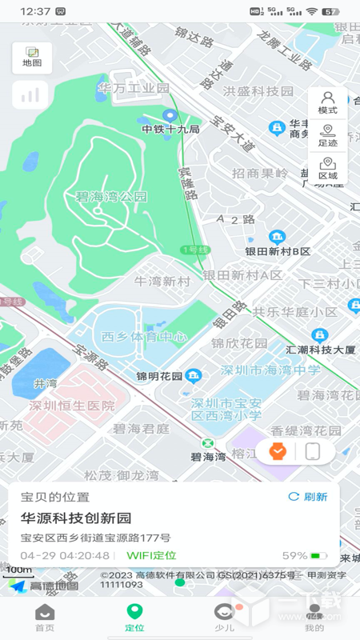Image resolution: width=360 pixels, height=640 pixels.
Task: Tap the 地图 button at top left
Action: tap(32, 58)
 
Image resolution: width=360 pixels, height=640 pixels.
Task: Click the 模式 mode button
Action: tap(327, 102)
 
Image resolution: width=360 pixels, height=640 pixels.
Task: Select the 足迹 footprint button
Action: tap(327, 135)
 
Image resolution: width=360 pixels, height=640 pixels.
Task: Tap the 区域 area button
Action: tap(327, 168)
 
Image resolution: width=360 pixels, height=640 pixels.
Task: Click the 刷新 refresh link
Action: tap(308, 497)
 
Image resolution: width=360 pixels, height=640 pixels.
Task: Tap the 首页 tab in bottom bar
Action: tap(45, 618)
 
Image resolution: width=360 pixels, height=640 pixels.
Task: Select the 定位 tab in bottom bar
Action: tap(134, 618)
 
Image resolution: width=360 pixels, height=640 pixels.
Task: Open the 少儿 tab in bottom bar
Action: tap(224, 618)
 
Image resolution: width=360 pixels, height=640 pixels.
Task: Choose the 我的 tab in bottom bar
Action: tap(314, 618)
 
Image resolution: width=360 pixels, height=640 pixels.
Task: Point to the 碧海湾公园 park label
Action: tap(111, 196)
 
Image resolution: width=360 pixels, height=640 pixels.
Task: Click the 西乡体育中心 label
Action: tap(134, 336)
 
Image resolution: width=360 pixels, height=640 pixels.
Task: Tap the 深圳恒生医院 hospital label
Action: tap(72, 406)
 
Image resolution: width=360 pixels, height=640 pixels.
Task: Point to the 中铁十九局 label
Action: tap(170, 129)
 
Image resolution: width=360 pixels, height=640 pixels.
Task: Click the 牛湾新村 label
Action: tap(162, 281)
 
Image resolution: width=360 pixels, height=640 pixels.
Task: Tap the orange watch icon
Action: tap(278, 452)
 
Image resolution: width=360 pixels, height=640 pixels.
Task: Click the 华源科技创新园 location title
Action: tap(76, 518)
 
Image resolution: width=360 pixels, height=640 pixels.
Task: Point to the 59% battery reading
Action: tap(294, 555)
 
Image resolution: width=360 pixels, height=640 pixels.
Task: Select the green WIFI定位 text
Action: tap(151, 555)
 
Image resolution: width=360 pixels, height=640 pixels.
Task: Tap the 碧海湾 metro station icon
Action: tap(208, 444)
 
